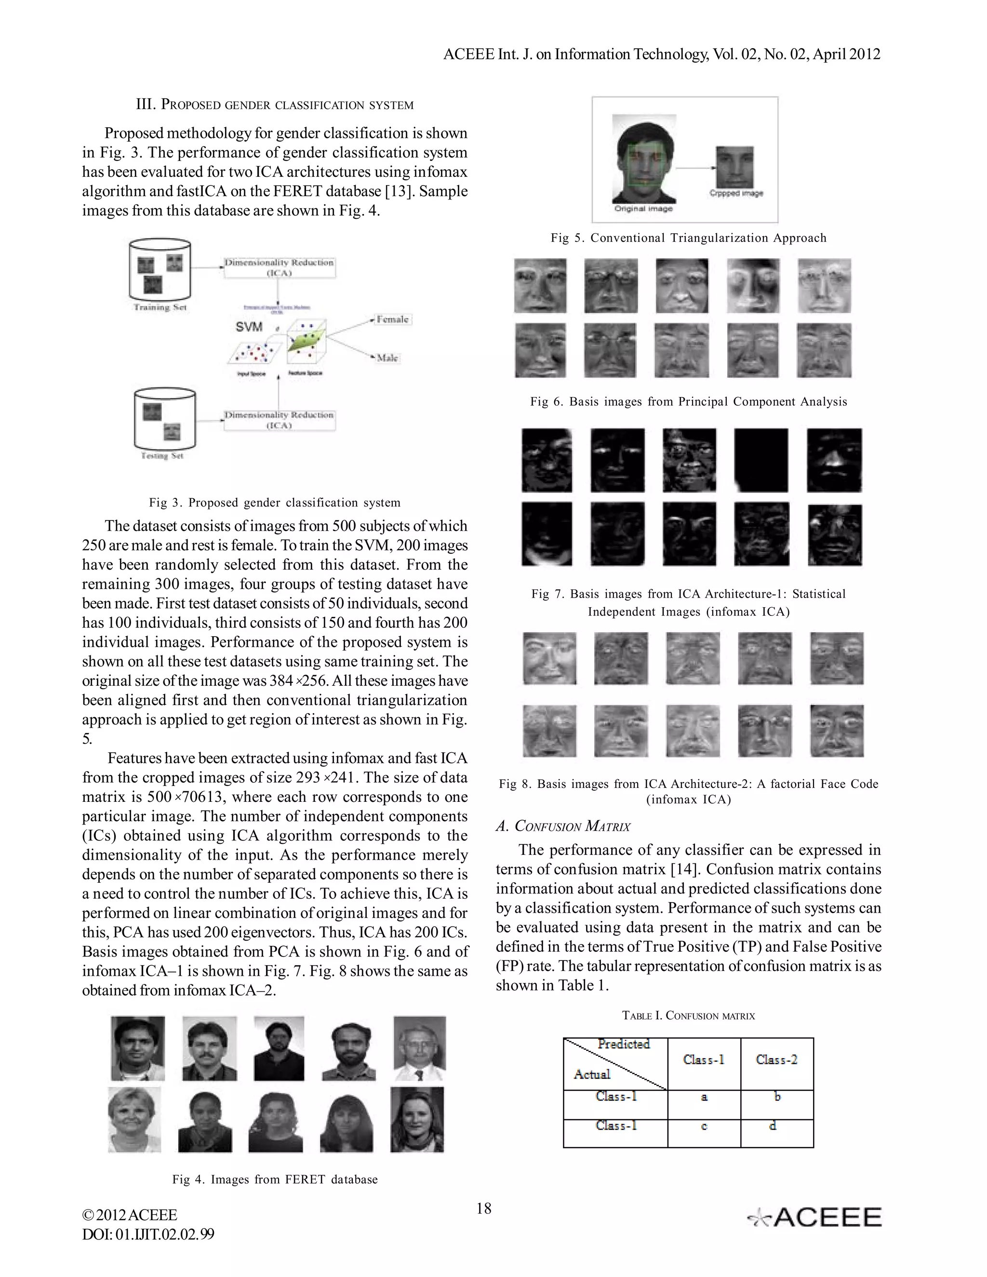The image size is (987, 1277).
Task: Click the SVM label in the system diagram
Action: pos(249,327)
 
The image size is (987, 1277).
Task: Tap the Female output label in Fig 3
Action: pos(392,319)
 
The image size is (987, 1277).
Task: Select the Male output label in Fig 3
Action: pos(387,358)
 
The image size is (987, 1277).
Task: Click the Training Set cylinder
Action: pos(160,269)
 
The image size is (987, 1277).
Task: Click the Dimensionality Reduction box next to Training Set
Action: pos(279,268)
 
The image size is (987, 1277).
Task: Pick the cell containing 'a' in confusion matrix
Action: pos(704,1097)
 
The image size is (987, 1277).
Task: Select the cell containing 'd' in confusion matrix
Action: pos(773,1126)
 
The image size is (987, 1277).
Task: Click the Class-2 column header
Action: pos(776,1060)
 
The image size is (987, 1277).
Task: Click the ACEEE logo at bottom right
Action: pos(815,1217)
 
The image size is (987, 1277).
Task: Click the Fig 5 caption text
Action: pos(688,238)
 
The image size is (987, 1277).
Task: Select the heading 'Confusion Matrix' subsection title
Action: pos(563,826)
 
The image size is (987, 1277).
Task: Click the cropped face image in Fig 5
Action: pos(735,168)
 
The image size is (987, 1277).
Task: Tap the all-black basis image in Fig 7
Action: pos(760,460)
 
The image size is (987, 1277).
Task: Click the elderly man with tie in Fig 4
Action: pos(420,1049)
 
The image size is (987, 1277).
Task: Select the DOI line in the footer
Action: pos(148,1234)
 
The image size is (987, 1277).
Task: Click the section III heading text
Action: pos(275,105)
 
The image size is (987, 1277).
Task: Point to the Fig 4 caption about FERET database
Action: pos(275,1179)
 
